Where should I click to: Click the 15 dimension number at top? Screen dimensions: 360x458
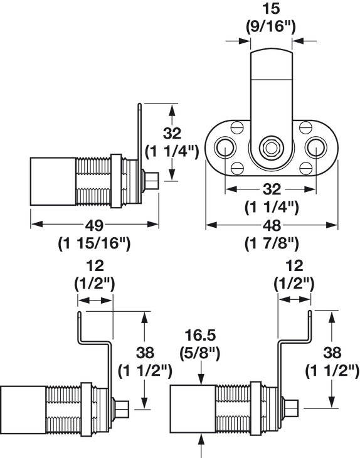(271, 9)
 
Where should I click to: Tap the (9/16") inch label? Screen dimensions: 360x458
(271, 27)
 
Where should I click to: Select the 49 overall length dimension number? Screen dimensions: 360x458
(94, 225)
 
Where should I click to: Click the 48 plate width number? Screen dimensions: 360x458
(272, 225)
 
